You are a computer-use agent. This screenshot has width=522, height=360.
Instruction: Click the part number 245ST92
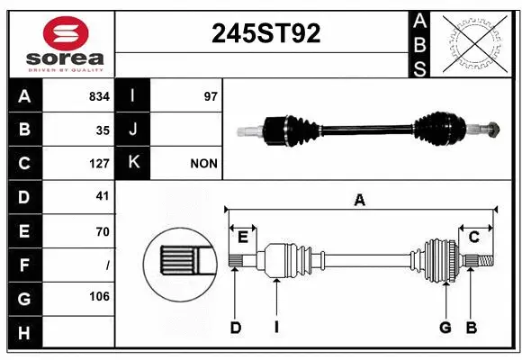pyautogui.click(x=265, y=34)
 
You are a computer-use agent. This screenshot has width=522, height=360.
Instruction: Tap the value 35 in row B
pyautogui.click(x=103, y=130)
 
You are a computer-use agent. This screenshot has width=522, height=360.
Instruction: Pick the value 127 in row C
pyautogui.click(x=99, y=164)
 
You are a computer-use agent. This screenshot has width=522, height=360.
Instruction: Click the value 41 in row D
pyautogui.click(x=102, y=196)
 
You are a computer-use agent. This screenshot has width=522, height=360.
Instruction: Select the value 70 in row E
pyautogui.click(x=102, y=231)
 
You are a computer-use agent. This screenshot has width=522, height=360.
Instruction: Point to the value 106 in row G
pyautogui.click(x=99, y=296)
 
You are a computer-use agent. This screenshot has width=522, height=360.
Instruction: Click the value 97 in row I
pyautogui.click(x=211, y=95)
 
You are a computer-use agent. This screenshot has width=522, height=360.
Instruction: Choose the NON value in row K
pyautogui.click(x=203, y=164)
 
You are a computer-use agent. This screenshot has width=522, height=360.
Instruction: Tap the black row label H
pyautogui.click(x=24, y=333)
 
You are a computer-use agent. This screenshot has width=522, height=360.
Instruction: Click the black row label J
pyautogui.click(x=133, y=130)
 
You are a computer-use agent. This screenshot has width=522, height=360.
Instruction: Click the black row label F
pyautogui.click(x=24, y=265)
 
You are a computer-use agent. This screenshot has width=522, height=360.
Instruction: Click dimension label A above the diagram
pyautogui.click(x=360, y=201)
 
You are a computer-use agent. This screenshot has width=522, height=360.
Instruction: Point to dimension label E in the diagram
pyautogui.click(x=242, y=237)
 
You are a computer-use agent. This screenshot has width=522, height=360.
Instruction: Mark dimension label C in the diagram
pyautogui.click(x=473, y=237)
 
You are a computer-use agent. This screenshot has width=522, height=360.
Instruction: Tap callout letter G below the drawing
pyautogui.click(x=445, y=328)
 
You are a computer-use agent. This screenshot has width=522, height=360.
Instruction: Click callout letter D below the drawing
pyautogui.click(x=236, y=328)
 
